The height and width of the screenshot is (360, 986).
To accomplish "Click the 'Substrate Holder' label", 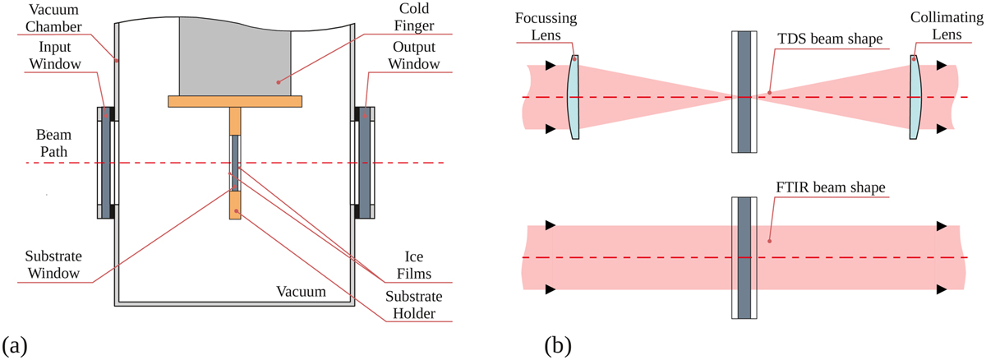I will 410,304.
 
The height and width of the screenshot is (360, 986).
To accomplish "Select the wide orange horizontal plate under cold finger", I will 235,101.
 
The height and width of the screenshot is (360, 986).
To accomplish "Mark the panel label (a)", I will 16,344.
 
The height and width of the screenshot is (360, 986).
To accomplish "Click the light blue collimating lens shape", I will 915,96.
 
